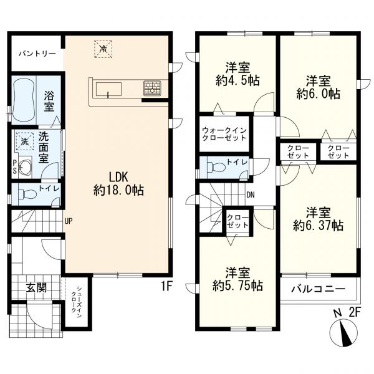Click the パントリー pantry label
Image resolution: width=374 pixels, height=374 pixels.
37,54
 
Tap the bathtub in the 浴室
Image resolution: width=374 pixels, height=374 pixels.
24,100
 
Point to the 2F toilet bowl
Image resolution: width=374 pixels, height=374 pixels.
216,166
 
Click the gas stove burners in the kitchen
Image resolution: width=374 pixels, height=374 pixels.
152,89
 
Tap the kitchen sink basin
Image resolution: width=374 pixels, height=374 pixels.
108,89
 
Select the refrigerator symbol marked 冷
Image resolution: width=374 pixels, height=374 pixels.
103,49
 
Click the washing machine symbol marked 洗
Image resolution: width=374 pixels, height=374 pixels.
24,141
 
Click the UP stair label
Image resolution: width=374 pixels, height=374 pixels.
68,221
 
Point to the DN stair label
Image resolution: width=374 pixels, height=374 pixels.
251,195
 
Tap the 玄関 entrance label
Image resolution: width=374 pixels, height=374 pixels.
36,287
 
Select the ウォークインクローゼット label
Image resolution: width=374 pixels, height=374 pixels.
224,134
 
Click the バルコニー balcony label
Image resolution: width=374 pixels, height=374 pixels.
319,289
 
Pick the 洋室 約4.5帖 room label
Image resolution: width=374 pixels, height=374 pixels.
238,74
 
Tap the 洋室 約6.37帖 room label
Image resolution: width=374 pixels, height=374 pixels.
318,219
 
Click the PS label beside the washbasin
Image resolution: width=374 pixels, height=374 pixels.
14,167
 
